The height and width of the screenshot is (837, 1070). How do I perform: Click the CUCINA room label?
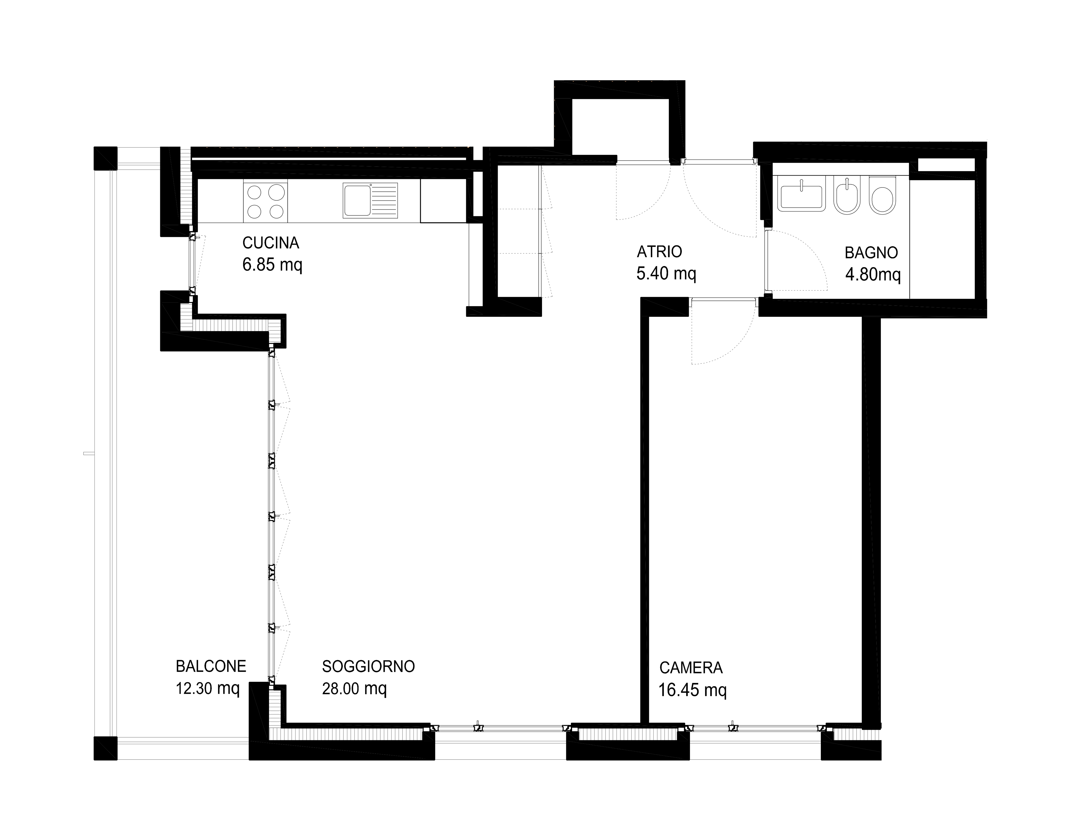coord(271,243)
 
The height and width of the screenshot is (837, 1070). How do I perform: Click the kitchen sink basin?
coord(357,200)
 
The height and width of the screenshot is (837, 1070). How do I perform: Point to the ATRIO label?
coord(659,252)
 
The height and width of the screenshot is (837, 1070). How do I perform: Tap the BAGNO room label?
coord(871,253)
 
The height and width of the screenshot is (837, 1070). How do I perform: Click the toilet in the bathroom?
coord(882,194)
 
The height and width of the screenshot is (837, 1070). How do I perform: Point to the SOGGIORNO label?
coord(368,666)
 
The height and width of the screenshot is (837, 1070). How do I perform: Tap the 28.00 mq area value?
coord(354,689)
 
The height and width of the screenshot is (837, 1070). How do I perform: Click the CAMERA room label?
coord(690,667)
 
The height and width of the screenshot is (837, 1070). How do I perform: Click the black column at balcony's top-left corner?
coord(105,158)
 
